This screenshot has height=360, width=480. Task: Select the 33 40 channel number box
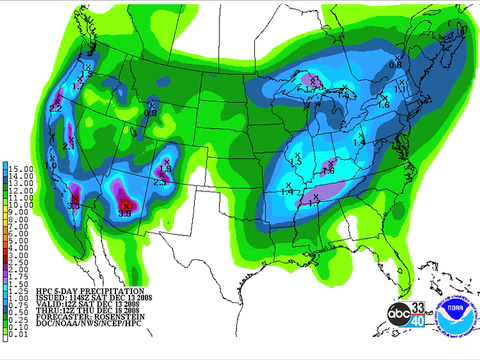421,315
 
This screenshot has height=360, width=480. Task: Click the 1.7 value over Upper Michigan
313,79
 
